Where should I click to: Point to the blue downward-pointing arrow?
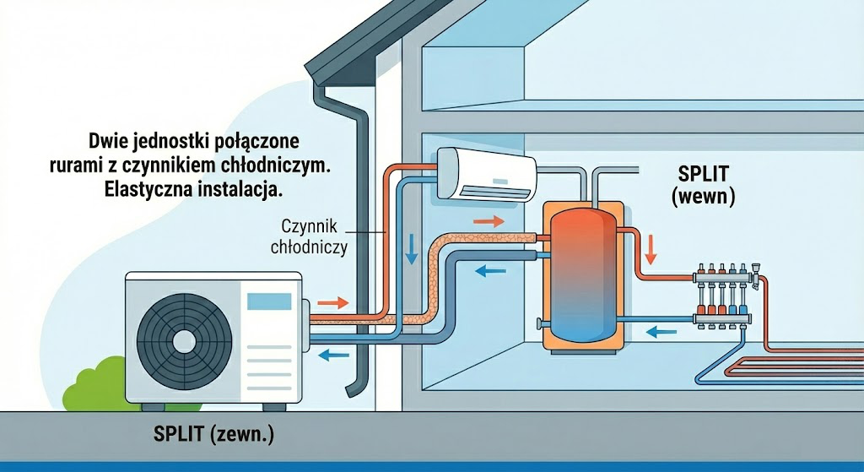(x=413, y=247)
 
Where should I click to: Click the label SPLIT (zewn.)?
(x=214, y=435)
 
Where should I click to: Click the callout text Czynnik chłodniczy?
(x=309, y=236)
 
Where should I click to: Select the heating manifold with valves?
(x=724, y=295)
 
